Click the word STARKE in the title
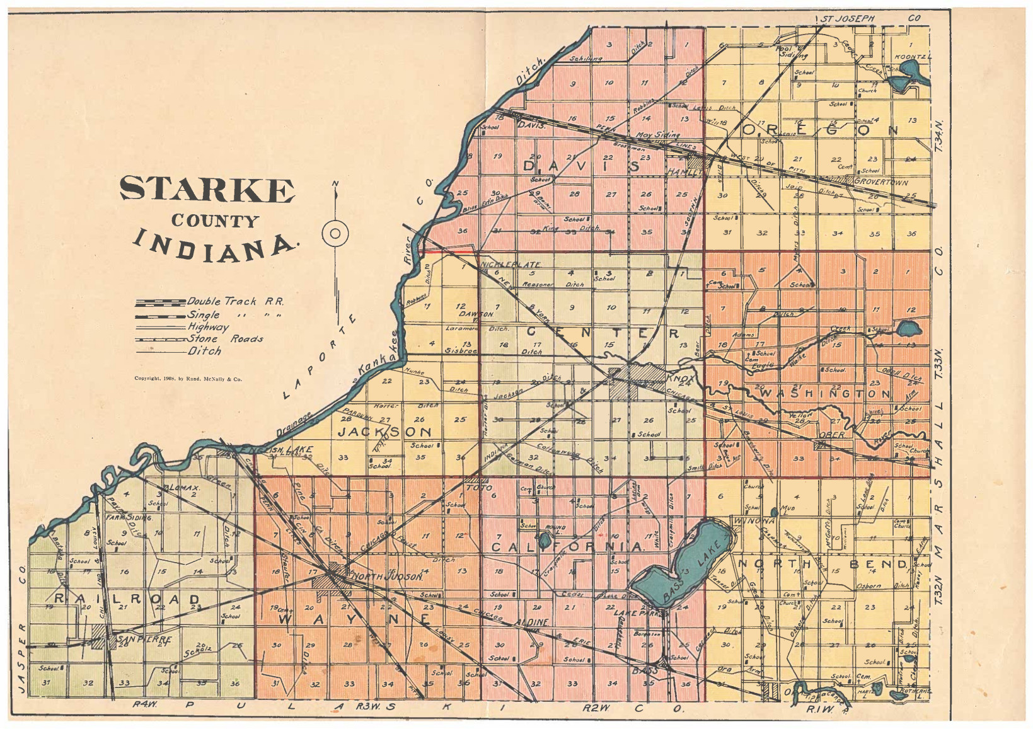[x=207, y=189]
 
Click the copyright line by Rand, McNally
[x=188, y=379]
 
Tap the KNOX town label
[x=680, y=380]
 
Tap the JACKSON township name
[x=385, y=432]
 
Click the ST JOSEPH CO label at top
[x=848, y=18]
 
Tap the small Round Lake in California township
[x=544, y=540]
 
